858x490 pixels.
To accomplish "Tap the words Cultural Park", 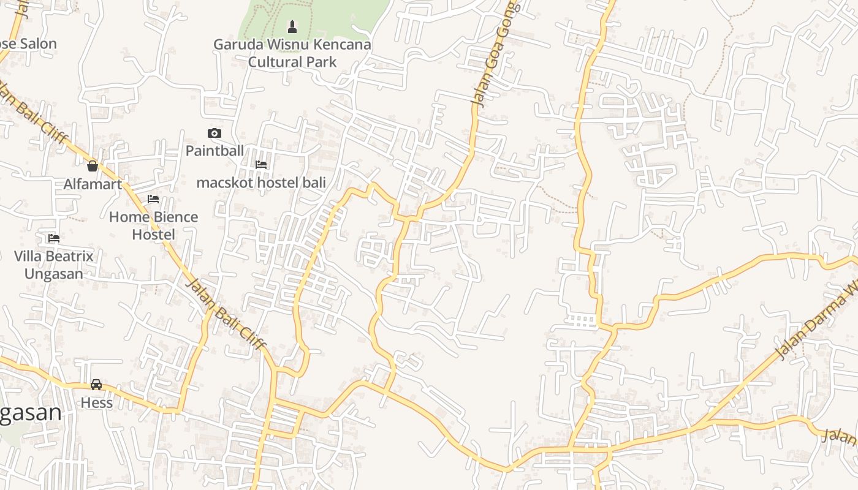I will [292, 62].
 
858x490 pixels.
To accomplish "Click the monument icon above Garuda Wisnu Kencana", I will [292, 27].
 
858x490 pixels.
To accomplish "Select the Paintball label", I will [214, 151].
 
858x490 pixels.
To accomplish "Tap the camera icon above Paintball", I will [214, 134].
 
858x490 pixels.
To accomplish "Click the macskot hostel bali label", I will [261, 183].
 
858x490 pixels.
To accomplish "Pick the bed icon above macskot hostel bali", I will [261, 165].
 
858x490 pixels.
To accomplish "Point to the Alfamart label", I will [93, 184].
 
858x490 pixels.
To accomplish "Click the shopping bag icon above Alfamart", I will [93, 166].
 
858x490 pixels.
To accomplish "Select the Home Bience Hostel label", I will [153, 225].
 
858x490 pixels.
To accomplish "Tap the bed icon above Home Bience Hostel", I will [153, 199].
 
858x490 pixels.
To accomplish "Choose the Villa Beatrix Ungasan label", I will [54, 265].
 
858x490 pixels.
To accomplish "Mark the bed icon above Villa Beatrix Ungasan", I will [54, 238].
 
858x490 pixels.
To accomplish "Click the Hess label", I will [97, 402].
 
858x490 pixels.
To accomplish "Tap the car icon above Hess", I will [96, 385].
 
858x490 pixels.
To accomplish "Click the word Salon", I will [38, 44].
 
